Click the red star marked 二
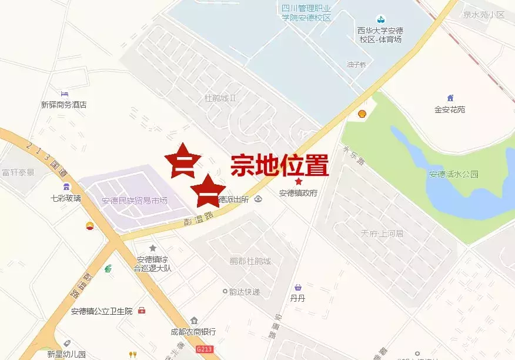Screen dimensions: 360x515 (183, 160)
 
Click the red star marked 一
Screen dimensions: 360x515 (208, 191)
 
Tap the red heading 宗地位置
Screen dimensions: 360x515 (279, 165)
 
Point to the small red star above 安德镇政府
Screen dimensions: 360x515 (299, 182)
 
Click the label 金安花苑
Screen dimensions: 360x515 (450, 109)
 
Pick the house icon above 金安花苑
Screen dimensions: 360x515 (450, 98)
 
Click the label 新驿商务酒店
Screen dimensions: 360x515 (63, 105)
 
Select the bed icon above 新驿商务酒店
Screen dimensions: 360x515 (65, 94)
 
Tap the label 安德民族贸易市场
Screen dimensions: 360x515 (135, 201)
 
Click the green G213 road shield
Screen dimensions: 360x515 (204, 349)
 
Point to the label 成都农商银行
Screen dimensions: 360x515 (193, 332)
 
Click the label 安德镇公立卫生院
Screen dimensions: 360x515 (102, 311)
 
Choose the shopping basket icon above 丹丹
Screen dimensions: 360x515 (298, 287)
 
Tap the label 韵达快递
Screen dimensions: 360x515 (245, 291)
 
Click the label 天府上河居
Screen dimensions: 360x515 (382, 234)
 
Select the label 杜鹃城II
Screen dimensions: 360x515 (220, 97)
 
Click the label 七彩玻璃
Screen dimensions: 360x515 (66, 198)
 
